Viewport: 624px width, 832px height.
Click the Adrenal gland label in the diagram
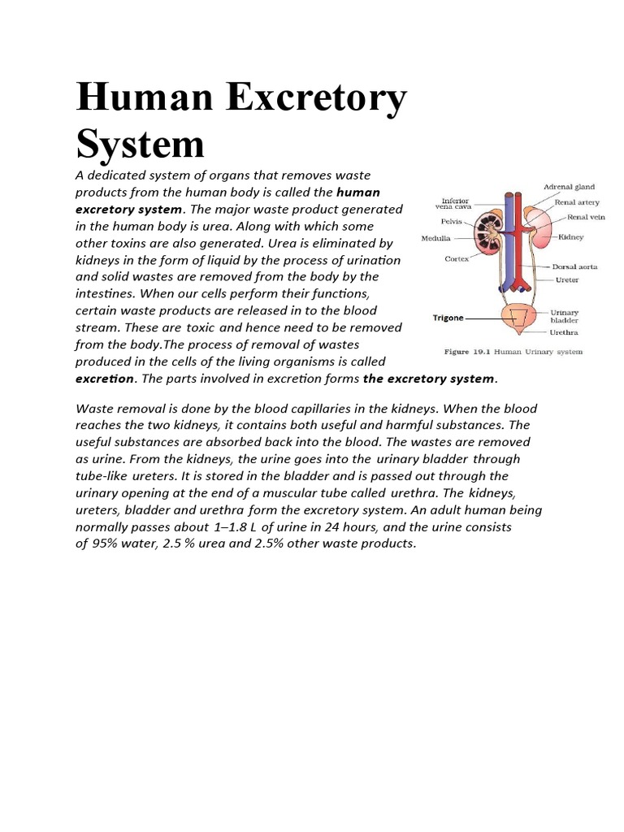tap(569, 187)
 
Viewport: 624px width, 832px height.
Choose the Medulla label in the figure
tap(436, 239)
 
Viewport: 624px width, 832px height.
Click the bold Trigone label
tap(448, 318)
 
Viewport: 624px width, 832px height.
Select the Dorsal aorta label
tap(575, 266)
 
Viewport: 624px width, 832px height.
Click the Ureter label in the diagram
tap(566, 280)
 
